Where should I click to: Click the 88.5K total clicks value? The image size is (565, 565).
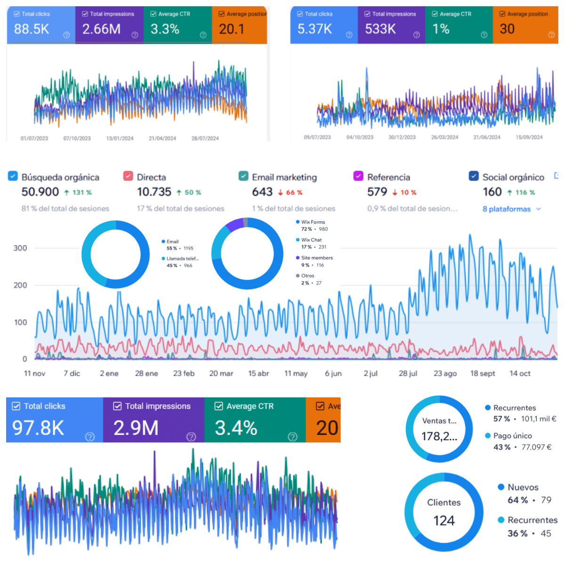32,29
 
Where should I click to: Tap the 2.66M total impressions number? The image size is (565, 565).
101,29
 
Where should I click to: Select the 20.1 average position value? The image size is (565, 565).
232,29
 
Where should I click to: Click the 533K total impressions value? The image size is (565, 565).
380,29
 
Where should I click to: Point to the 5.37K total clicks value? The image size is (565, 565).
315,29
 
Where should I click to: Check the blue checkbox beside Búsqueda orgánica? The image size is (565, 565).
13,176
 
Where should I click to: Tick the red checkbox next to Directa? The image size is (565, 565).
128,176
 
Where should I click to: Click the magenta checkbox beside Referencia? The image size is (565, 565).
358,176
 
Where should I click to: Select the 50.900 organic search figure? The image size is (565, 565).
40,192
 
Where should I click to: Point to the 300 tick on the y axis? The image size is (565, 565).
20,248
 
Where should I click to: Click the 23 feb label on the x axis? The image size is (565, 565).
184,373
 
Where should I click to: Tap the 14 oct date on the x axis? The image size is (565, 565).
520,373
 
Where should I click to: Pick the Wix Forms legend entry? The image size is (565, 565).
313,222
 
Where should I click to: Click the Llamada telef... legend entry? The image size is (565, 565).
182,258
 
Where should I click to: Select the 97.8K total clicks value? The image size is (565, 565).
38,428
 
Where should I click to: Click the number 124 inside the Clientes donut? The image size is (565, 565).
444,521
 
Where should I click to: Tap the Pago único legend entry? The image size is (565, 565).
512,436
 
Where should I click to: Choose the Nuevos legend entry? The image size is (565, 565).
523,487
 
